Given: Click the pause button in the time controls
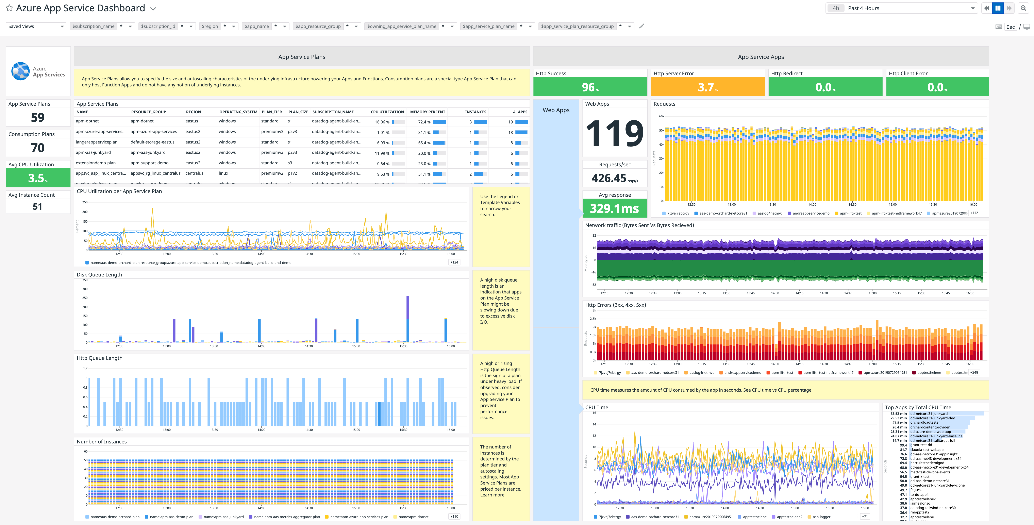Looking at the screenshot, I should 998,8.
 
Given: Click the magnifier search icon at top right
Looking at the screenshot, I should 1023,8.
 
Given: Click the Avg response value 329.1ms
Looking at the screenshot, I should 614,208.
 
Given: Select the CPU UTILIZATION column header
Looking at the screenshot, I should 387,112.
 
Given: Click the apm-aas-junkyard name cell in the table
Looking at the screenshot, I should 93,153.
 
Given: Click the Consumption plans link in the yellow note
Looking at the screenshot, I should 405,79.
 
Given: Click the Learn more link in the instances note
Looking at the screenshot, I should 492,495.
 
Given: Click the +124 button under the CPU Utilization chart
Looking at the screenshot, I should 454,262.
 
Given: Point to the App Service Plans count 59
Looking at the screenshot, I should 38,117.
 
